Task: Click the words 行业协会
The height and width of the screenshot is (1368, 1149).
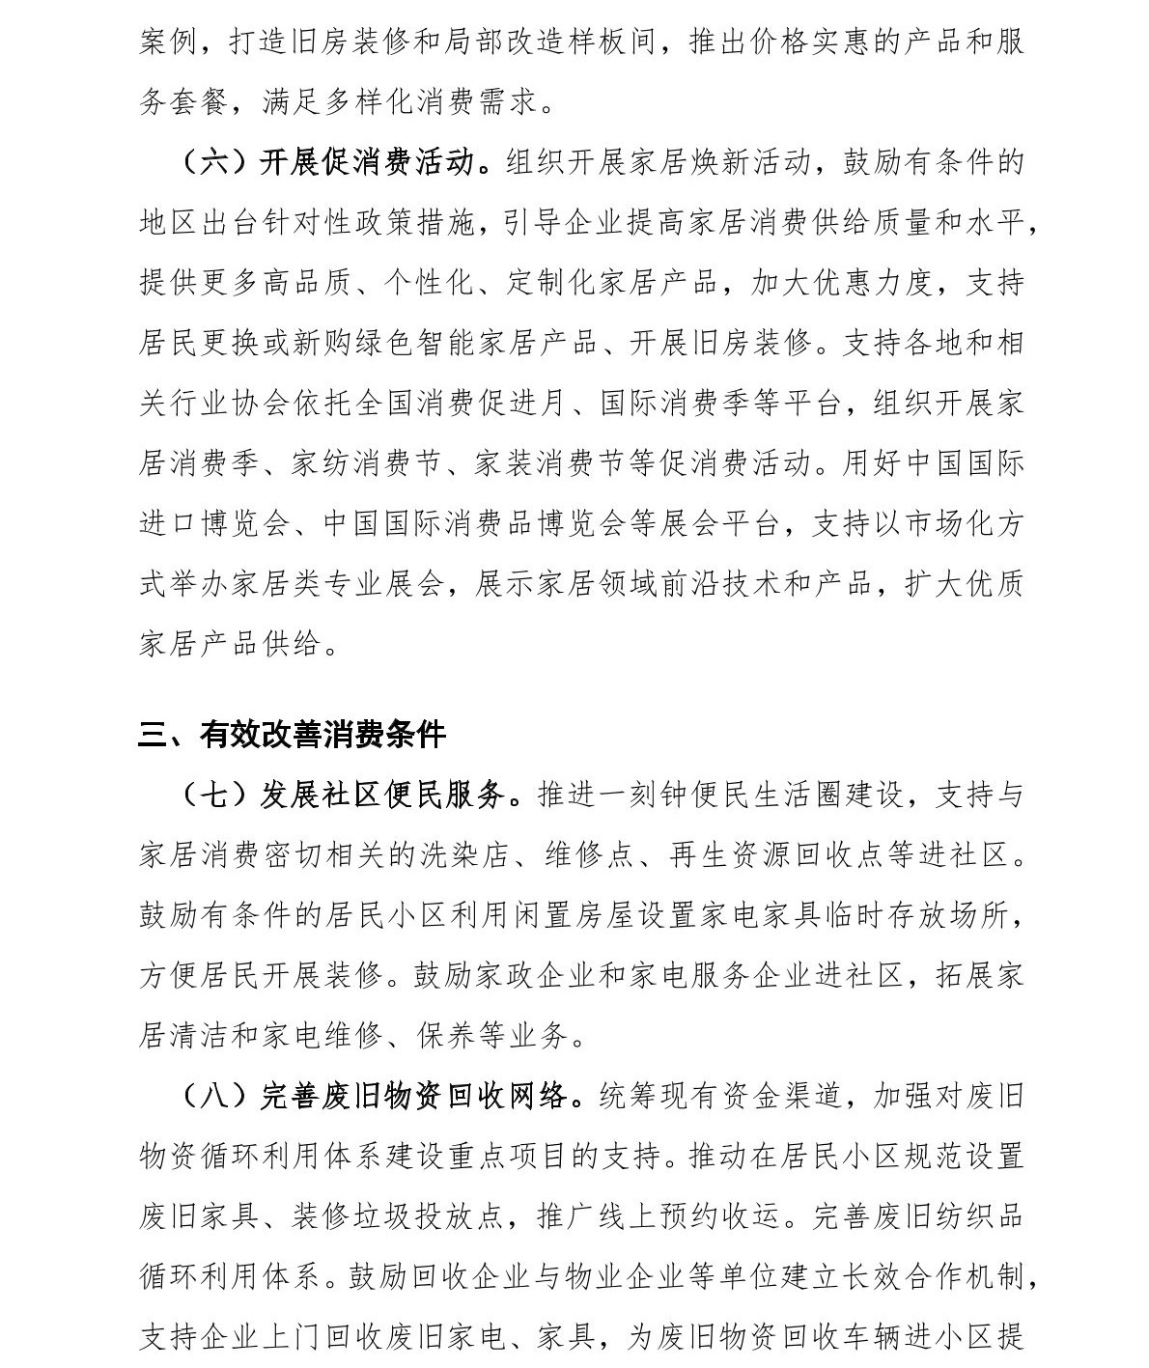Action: (x=231, y=403)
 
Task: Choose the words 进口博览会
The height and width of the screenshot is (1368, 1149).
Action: (x=215, y=523)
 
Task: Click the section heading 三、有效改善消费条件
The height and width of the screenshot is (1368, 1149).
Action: (x=292, y=735)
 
